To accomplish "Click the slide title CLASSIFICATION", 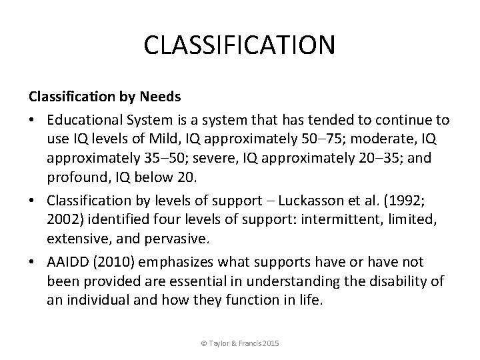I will [x=239, y=46].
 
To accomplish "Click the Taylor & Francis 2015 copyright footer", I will [x=239, y=343].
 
